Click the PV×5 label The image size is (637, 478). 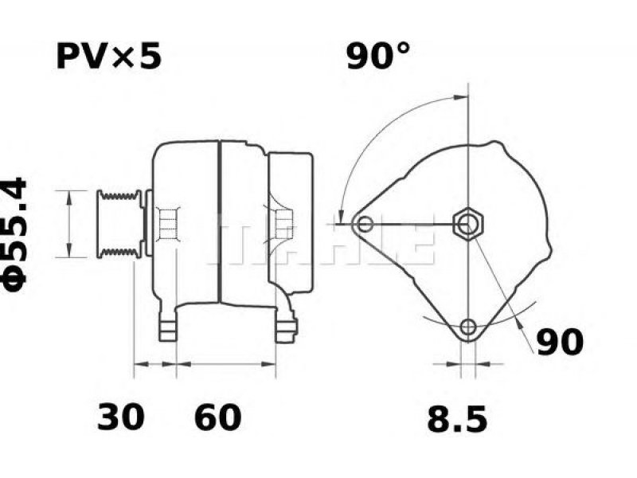click(109, 57)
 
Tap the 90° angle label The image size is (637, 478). click(377, 56)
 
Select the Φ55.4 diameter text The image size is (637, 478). click(15, 234)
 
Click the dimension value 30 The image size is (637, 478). click(121, 417)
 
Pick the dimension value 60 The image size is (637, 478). click(217, 417)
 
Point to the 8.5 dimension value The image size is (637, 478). click(457, 419)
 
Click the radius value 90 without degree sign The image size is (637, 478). click(560, 343)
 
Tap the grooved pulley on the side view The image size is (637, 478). click(119, 224)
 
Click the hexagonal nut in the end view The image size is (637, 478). click(468, 224)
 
